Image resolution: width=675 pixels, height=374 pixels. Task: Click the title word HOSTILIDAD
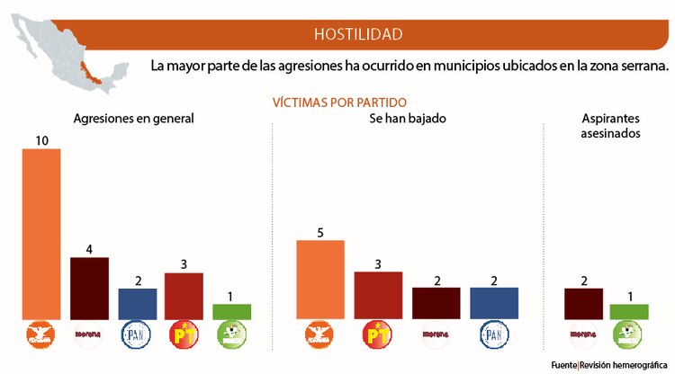(357, 34)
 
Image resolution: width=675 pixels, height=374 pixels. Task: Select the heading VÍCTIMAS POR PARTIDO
(339, 102)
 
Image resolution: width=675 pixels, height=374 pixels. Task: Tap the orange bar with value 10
(41, 234)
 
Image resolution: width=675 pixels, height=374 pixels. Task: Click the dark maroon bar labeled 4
(89, 288)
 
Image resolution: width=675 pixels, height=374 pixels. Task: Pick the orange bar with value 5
(319, 280)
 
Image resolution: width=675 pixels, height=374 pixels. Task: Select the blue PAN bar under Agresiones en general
(137, 303)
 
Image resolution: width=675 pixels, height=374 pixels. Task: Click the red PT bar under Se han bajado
(377, 295)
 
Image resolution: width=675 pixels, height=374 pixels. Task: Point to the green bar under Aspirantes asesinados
(628, 311)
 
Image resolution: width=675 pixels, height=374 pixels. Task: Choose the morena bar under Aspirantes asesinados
(582, 303)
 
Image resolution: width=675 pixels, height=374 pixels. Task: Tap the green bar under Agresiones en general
(231, 311)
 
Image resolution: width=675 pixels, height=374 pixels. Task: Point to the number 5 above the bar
(319, 232)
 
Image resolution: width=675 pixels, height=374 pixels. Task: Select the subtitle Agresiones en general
(133, 119)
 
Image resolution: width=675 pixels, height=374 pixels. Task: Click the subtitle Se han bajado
(408, 119)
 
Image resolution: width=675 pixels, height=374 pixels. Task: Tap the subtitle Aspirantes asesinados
(611, 126)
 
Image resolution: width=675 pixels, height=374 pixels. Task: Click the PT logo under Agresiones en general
(184, 335)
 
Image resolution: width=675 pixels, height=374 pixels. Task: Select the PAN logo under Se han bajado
(494, 335)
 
